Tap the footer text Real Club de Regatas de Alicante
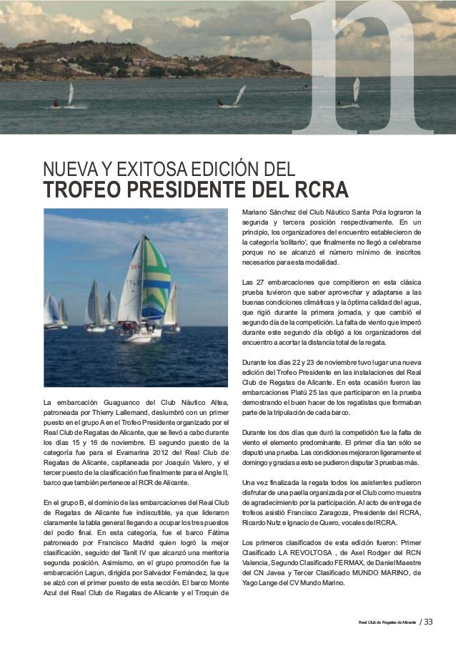pos(387,621)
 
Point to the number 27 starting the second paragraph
pos(259,282)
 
